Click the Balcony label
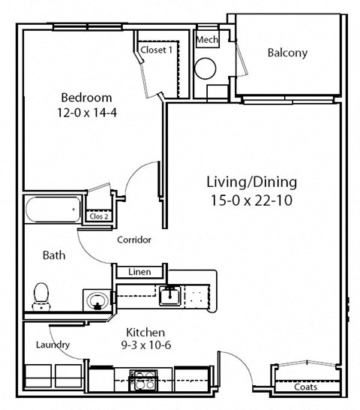[288, 53]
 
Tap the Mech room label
[206, 39]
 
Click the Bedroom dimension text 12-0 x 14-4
[86, 113]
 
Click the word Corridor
[135, 240]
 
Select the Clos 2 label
[99, 216]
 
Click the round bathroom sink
[96, 302]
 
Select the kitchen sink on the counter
[169, 295]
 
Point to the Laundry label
[52, 345]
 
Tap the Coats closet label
[305, 387]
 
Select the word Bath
[53, 255]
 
